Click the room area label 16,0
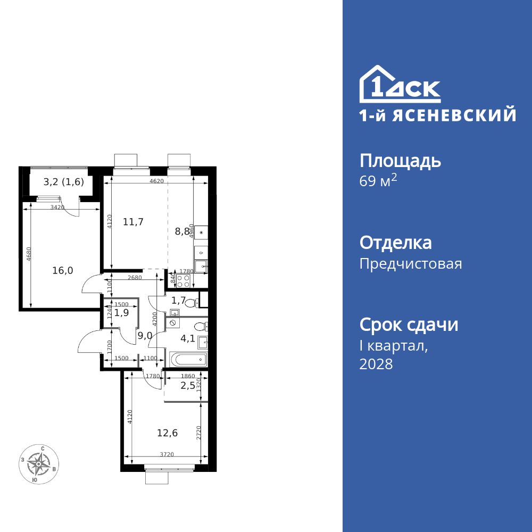point(63,270)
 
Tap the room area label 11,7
point(134,222)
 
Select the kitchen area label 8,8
point(181,231)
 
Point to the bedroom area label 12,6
point(167,433)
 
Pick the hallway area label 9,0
point(145,336)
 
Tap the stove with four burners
point(184,278)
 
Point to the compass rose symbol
point(38,464)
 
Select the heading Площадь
point(400,161)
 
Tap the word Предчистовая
point(411,264)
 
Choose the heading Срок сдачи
point(409,325)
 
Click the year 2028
point(376,364)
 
